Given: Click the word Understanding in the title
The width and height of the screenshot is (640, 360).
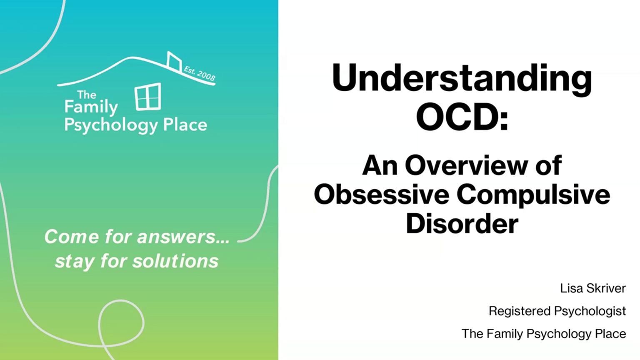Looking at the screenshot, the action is (x=462, y=79).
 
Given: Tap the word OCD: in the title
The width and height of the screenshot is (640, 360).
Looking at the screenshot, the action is (x=462, y=117).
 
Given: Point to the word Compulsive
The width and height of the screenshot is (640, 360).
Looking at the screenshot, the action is (x=533, y=195).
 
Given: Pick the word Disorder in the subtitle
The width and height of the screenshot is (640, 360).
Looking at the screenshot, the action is (x=462, y=223).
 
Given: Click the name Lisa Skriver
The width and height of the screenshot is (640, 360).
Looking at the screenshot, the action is (x=593, y=288).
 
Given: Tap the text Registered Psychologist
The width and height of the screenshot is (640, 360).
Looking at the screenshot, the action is (x=557, y=311).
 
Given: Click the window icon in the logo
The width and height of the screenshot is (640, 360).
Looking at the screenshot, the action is (x=148, y=97).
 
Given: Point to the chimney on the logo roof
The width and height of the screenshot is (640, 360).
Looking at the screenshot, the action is (x=174, y=61).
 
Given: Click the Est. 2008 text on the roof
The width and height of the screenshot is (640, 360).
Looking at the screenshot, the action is (x=200, y=73).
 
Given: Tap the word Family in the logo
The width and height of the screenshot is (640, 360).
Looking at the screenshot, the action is (x=91, y=107).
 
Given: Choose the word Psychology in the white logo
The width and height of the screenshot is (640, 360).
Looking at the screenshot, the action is (x=111, y=125).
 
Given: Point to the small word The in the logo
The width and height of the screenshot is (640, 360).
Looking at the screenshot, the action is (x=87, y=95).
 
